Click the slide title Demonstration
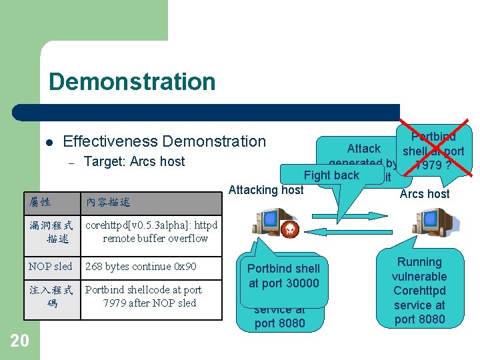coord(132,82)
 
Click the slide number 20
coord(20,341)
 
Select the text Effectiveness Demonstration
coord(164,141)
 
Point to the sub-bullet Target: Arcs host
coord(134,161)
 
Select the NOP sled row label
coord(51,267)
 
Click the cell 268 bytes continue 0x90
coord(141,267)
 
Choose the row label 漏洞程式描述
coord(51,232)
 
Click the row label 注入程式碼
coord(51,296)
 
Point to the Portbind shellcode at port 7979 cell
coord(143,296)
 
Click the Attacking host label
coord(266,190)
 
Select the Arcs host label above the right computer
coord(424,194)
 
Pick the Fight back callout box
coord(331,175)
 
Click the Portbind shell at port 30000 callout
coord(283,276)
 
